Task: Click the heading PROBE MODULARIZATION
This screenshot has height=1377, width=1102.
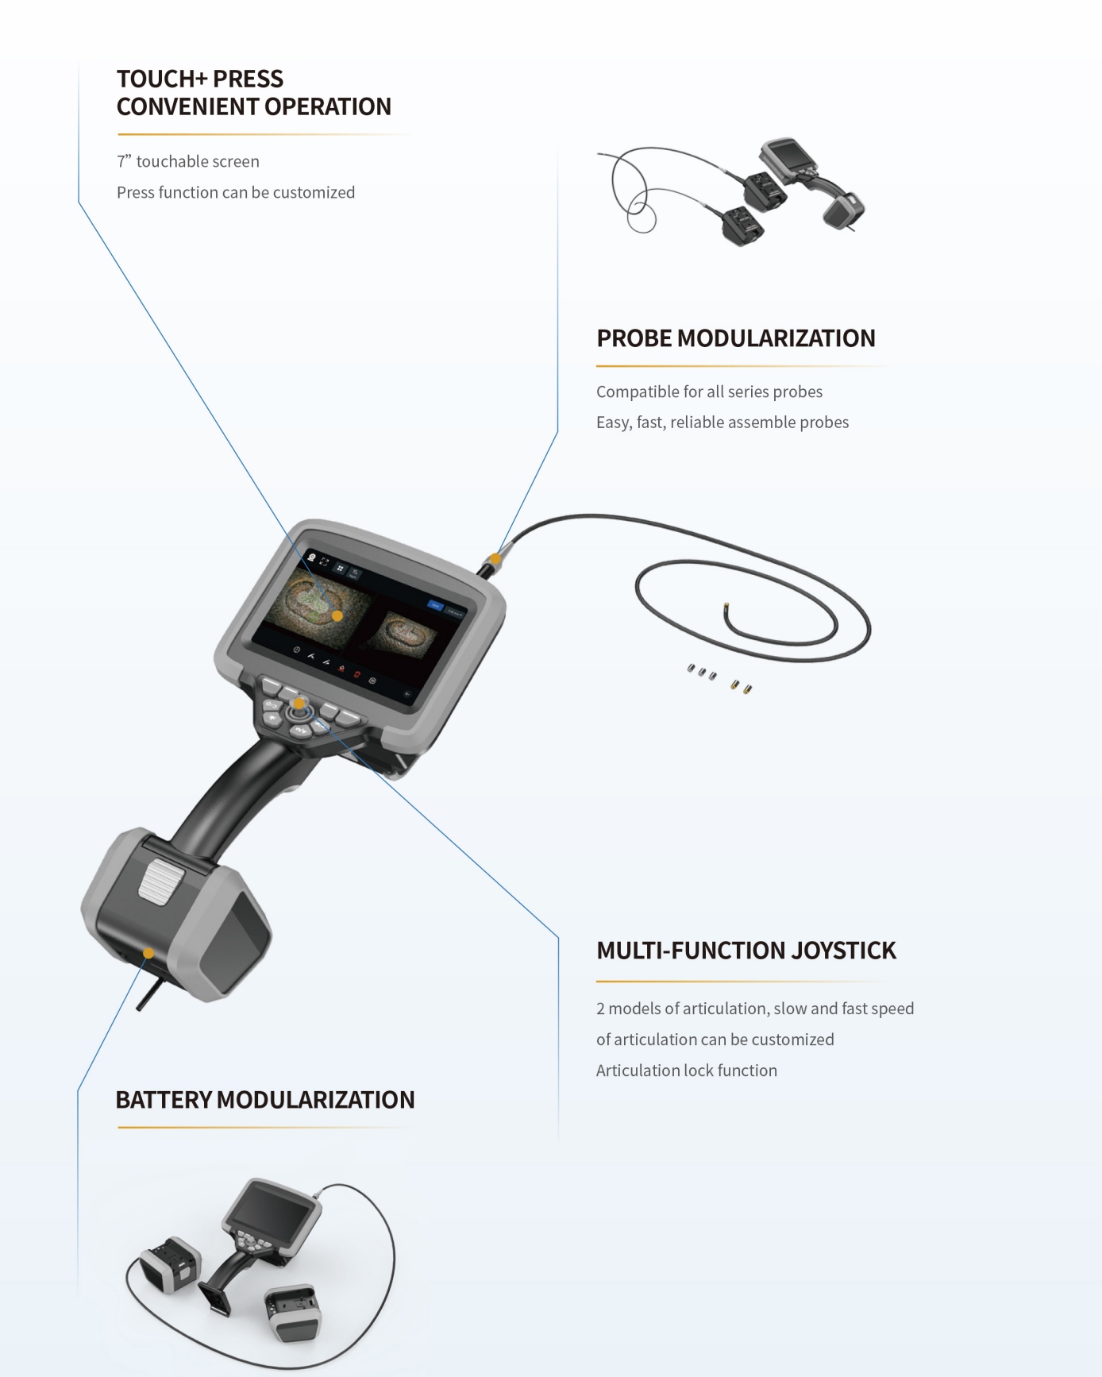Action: point(736,338)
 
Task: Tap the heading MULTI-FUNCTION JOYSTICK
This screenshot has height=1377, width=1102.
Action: point(746,951)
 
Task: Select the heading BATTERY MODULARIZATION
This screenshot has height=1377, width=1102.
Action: point(265,1100)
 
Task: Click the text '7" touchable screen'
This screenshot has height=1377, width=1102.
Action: point(188,161)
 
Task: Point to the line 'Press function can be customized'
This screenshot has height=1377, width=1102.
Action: point(236,192)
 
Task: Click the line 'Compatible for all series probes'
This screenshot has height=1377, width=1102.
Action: point(709,391)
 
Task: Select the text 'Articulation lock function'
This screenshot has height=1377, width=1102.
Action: point(687,1070)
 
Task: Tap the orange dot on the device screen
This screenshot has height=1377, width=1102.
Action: point(337,615)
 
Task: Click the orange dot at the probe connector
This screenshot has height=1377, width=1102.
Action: point(495,558)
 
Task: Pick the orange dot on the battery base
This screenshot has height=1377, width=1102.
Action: point(148,953)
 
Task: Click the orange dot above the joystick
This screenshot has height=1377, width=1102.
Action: point(299,703)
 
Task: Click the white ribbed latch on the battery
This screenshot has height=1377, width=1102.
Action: point(161,882)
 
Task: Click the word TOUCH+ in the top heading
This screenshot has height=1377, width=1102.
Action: point(162,79)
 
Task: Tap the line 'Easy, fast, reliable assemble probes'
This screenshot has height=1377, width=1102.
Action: point(722,422)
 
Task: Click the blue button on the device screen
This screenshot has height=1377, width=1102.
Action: point(435,605)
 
